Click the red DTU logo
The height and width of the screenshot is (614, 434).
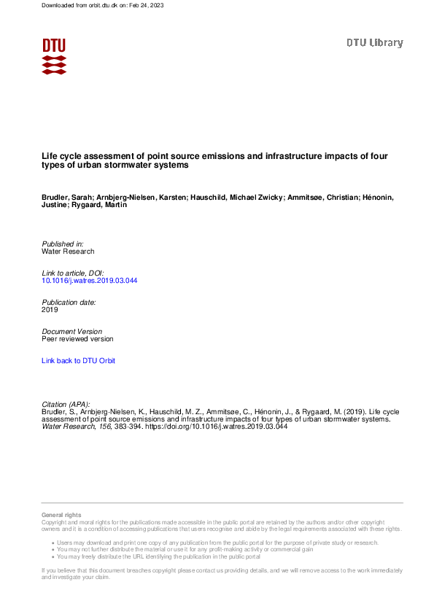click(x=54, y=56)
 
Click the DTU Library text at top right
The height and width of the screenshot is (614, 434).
click(x=374, y=43)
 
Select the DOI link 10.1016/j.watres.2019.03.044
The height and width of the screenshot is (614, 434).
click(x=90, y=281)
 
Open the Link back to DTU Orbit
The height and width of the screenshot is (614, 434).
click(x=78, y=361)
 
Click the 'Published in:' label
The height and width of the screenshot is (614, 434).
click(x=63, y=244)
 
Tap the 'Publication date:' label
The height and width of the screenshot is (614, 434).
click(x=69, y=302)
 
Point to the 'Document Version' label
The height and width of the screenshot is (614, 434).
click(x=72, y=331)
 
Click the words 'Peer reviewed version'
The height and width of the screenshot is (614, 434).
click(x=77, y=339)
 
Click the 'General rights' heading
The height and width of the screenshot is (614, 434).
click(x=62, y=516)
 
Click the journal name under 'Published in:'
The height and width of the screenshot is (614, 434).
click(x=68, y=252)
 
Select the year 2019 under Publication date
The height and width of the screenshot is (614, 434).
click(x=50, y=310)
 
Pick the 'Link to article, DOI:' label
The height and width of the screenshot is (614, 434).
click(x=73, y=273)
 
